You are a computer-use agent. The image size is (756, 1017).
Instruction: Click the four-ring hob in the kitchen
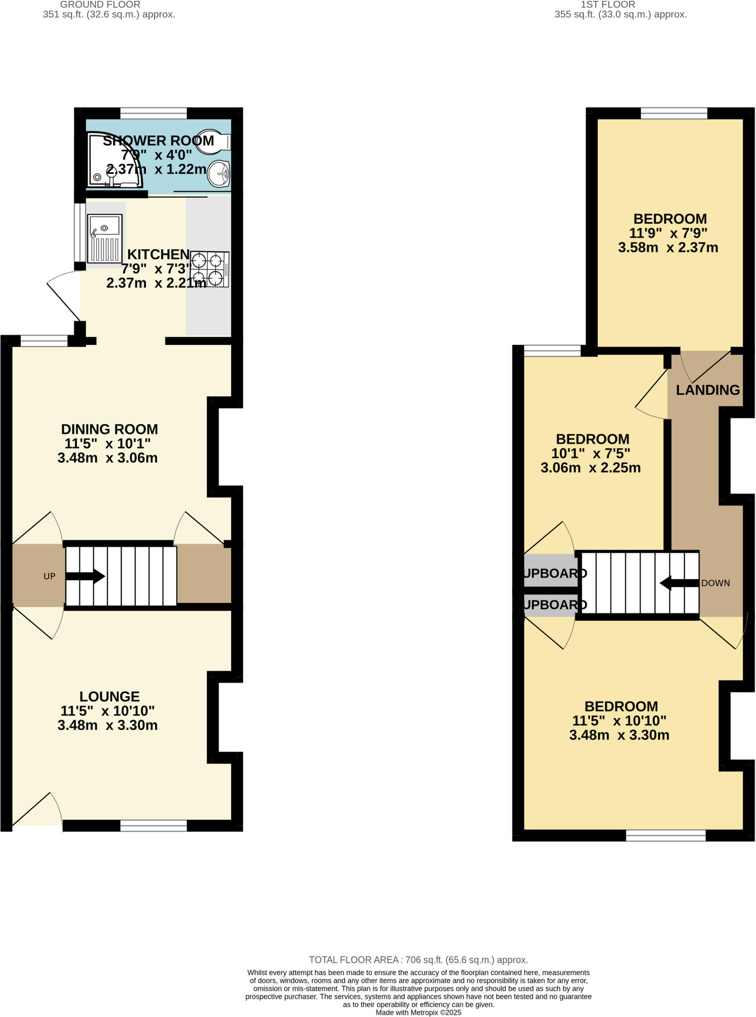pyautogui.click(x=210, y=269)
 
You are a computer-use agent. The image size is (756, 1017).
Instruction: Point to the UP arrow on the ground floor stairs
pyautogui.click(x=85, y=577)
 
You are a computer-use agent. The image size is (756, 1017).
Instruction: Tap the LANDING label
pyautogui.click(x=707, y=390)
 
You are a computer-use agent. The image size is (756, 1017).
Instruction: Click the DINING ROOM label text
pyautogui.click(x=109, y=429)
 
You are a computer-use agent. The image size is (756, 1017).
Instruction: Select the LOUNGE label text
pyautogui.click(x=109, y=696)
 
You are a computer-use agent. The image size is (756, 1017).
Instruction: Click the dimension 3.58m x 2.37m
pyautogui.click(x=668, y=247)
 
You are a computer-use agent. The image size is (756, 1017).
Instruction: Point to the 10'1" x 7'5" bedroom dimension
pyautogui.click(x=590, y=453)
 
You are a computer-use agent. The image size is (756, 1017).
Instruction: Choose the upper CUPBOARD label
pyautogui.click(x=554, y=573)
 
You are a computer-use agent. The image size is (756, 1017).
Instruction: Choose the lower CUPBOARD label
pyautogui.click(x=554, y=604)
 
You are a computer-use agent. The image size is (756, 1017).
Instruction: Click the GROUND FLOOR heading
pyautogui.click(x=100, y=4)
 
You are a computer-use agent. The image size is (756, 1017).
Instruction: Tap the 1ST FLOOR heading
pyautogui.click(x=607, y=4)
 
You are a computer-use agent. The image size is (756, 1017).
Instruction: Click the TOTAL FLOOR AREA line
pyautogui.click(x=418, y=960)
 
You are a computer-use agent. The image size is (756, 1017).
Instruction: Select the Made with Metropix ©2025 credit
pyautogui.click(x=418, y=1013)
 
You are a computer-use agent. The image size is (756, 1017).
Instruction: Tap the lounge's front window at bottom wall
pyautogui.click(x=153, y=825)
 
